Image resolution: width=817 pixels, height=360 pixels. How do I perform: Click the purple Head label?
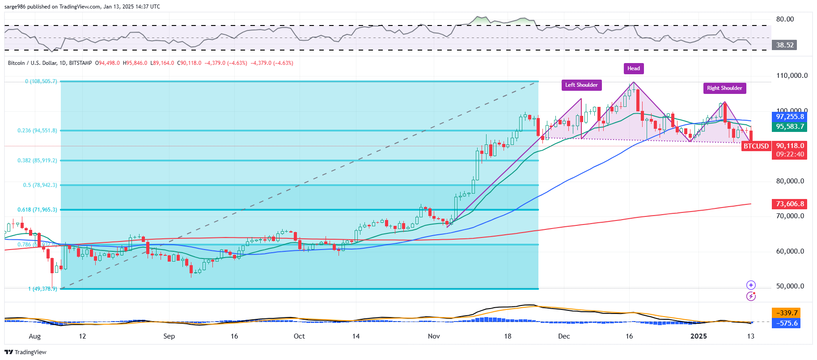(633, 68)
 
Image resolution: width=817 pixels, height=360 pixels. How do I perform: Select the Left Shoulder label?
(581, 85)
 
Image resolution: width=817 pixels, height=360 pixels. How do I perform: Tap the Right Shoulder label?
(724, 88)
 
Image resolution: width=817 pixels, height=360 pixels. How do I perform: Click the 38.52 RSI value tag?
(785, 45)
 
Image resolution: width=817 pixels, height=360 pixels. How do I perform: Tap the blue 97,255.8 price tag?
(790, 117)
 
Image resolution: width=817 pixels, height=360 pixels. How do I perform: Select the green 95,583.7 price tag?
(790, 127)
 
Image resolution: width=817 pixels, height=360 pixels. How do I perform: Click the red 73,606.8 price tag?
(790, 204)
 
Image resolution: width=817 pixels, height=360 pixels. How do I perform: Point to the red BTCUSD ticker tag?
(756, 146)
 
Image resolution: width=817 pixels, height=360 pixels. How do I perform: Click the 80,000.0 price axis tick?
(790, 181)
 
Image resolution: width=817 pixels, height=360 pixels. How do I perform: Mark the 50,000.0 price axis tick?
(790, 286)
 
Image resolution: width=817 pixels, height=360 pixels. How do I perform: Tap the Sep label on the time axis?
(169, 336)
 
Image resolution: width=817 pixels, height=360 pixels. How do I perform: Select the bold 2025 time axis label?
(698, 336)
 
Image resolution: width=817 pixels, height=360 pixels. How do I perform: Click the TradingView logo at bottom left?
(25, 352)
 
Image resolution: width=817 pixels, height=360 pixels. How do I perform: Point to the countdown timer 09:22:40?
(790, 154)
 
